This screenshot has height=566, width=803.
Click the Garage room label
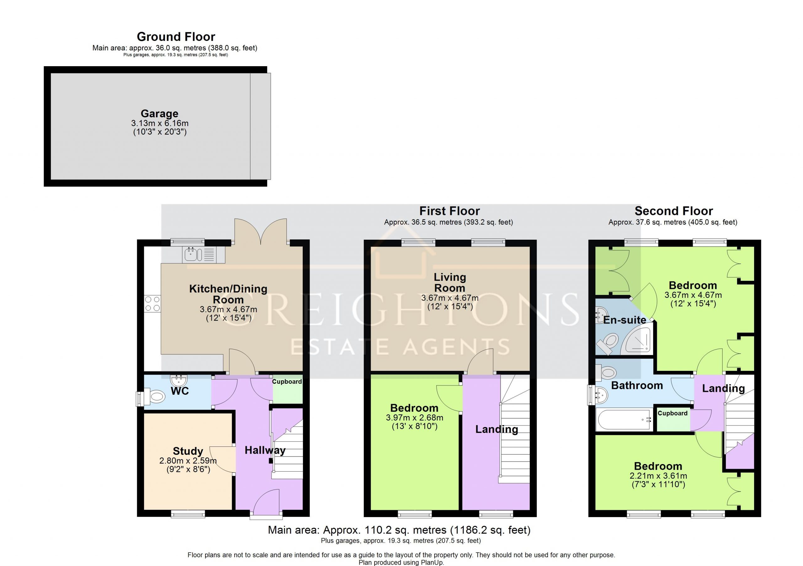tap(159, 114)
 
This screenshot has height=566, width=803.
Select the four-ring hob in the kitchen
tap(152, 304)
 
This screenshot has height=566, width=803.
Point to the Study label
tap(188, 451)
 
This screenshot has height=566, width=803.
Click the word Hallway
tap(265, 450)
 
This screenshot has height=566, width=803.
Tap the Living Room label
tap(450, 283)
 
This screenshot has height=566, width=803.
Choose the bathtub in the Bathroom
tap(624, 419)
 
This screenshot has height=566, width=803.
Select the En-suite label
tap(625, 320)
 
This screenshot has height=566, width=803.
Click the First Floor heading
tap(449, 211)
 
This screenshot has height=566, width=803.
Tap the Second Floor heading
tap(673, 211)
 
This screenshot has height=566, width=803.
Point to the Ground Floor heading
tap(176, 37)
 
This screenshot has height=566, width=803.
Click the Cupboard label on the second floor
tap(673, 413)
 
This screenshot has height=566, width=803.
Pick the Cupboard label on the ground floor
tap(287, 382)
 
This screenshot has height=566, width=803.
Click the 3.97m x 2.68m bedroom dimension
tap(414, 418)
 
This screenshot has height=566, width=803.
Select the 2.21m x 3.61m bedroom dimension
tap(658, 476)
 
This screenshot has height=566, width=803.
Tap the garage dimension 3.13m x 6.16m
tap(160, 124)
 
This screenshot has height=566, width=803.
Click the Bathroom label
tap(637, 386)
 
